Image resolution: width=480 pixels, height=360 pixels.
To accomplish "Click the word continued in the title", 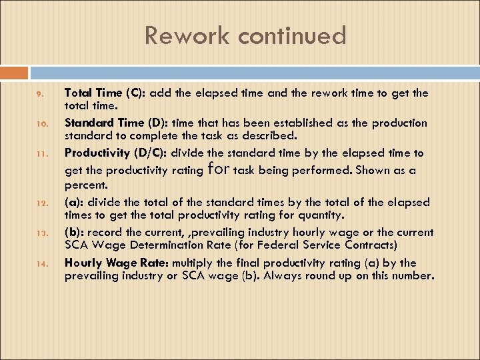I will tap(289, 35).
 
